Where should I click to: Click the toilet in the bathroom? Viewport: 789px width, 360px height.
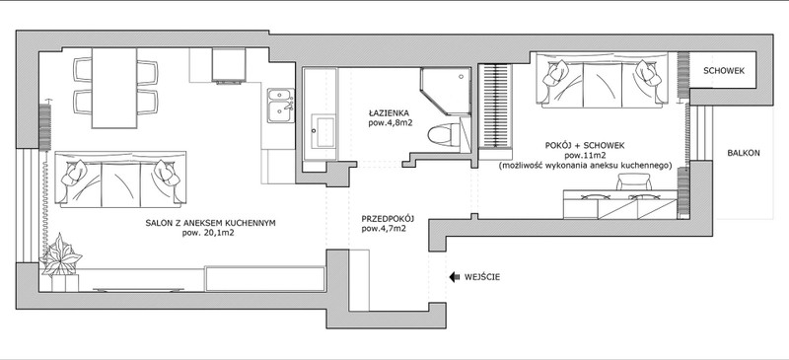(444, 135)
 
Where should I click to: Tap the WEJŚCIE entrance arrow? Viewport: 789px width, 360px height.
(455, 277)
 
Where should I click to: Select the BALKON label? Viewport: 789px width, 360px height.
(744, 154)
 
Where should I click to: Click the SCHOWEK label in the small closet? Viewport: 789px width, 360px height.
(724, 71)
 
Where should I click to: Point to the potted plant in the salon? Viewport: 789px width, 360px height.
(61, 254)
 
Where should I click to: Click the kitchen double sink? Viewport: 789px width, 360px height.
(281, 106)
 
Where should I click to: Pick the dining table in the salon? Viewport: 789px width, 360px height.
(114, 88)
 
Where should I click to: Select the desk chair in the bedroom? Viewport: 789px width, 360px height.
(633, 181)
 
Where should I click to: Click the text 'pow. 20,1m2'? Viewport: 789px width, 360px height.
(211, 233)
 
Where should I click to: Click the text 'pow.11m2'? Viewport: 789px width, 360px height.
(585, 155)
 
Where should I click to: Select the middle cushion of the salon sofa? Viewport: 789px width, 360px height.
(120, 183)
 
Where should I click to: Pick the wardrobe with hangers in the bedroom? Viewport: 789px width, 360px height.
(495, 107)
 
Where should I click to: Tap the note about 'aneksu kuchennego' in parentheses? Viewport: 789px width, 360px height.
(585, 165)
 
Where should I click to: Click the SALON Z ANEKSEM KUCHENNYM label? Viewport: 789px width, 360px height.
(210, 223)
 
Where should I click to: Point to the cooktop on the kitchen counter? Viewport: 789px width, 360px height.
(229, 64)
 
